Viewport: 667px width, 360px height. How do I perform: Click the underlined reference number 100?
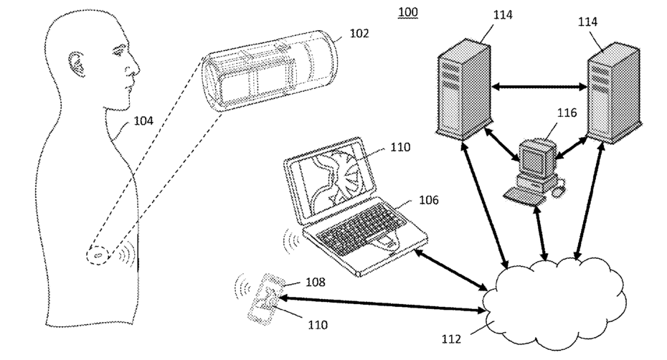point(408,12)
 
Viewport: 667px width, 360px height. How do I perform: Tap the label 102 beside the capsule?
point(359,33)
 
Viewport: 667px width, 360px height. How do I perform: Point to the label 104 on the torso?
point(143,121)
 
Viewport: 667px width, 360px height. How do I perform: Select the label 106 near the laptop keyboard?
point(428,200)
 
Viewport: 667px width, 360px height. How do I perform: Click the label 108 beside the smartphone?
point(315,282)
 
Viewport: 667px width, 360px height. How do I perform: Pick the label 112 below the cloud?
point(451,339)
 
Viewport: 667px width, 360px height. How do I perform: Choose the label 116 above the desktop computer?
point(567,113)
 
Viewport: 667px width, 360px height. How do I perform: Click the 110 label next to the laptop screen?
point(400,147)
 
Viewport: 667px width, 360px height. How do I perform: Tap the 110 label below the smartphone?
point(318,325)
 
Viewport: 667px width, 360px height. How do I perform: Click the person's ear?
point(77,65)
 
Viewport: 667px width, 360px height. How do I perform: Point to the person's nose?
point(136,68)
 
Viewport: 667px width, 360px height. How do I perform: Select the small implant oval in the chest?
point(98,256)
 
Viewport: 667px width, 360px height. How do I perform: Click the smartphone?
point(266,300)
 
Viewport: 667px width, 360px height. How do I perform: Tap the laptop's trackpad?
point(384,242)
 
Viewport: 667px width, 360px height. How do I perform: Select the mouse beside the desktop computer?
point(559,188)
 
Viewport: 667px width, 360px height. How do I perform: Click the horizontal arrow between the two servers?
point(539,87)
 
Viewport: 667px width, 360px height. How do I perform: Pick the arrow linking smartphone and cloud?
point(382,305)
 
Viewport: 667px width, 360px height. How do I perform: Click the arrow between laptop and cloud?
point(450,270)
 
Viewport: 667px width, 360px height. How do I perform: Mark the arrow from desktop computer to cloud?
point(540,232)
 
